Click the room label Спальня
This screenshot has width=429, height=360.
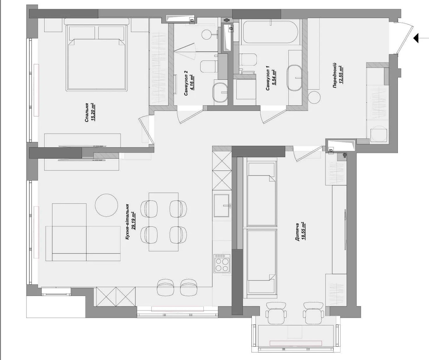tap(87, 113)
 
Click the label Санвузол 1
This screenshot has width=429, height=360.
tap(267, 78)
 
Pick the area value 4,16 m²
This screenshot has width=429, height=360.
tap(192, 83)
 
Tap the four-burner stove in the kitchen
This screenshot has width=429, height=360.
tap(222, 263)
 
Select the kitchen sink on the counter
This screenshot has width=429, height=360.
tap(222, 206)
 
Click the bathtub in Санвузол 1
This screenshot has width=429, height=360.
tap(270, 32)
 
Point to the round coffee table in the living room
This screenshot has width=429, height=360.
tap(107, 205)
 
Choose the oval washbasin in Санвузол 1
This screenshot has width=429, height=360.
tap(295, 78)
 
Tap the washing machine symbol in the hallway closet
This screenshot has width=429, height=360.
tap(379, 135)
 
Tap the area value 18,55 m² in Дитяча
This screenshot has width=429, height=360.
tap(303, 231)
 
